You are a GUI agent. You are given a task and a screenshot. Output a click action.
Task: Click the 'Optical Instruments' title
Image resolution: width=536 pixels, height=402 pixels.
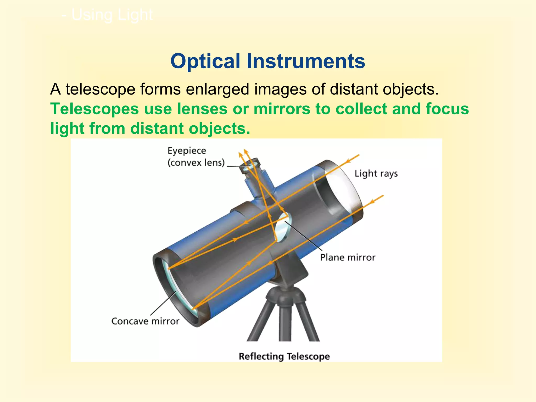(x=267, y=61)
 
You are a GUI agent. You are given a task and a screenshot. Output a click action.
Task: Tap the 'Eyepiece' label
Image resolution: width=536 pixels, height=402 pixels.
(x=187, y=151)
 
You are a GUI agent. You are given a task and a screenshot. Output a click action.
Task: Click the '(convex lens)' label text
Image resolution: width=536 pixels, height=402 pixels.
(x=196, y=163)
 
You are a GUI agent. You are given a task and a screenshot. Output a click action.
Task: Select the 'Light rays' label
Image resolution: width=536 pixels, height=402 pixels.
(x=376, y=174)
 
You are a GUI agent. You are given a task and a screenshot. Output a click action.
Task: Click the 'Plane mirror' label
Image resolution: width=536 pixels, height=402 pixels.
(x=348, y=258)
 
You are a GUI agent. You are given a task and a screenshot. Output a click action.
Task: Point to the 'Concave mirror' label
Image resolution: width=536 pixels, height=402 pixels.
(x=145, y=321)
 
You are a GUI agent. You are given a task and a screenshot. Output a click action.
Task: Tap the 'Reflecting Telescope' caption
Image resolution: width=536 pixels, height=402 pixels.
(x=284, y=356)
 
